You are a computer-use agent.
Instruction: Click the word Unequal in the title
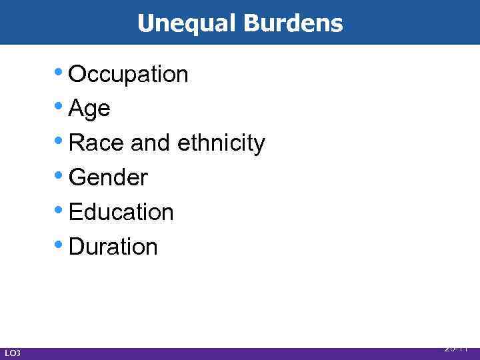pyautogui.click(x=187, y=23)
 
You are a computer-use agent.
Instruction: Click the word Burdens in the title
pyautogui.click(x=293, y=23)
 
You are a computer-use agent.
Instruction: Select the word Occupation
pyautogui.click(x=128, y=75)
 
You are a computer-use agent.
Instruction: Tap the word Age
pyautogui.click(x=89, y=109)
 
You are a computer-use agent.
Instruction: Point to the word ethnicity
pyautogui.click(x=222, y=143)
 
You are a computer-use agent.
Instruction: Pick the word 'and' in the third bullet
pyautogui.click(x=151, y=143)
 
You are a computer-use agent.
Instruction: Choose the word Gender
pyautogui.click(x=108, y=177)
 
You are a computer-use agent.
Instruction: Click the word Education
pyautogui.click(x=121, y=212)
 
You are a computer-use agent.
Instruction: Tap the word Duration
pyautogui.click(x=113, y=247)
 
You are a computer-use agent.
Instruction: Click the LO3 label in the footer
pyautogui.click(x=12, y=353)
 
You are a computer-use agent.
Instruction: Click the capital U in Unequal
pyautogui.click(x=145, y=23)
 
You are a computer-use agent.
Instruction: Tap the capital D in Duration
pyautogui.click(x=75, y=247)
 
